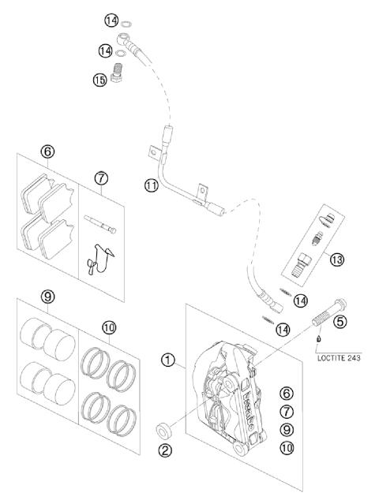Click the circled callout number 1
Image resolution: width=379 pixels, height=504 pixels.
click(x=167, y=361)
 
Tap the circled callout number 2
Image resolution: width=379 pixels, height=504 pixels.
click(x=165, y=452)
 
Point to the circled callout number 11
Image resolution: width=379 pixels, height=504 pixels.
click(x=152, y=185)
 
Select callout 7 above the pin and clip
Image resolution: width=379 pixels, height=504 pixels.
click(x=101, y=178)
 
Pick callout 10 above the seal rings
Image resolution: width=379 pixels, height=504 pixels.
click(x=108, y=327)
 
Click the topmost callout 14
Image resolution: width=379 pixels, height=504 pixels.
click(x=111, y=20)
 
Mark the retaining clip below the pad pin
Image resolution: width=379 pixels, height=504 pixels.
click(x=99, y=256)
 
